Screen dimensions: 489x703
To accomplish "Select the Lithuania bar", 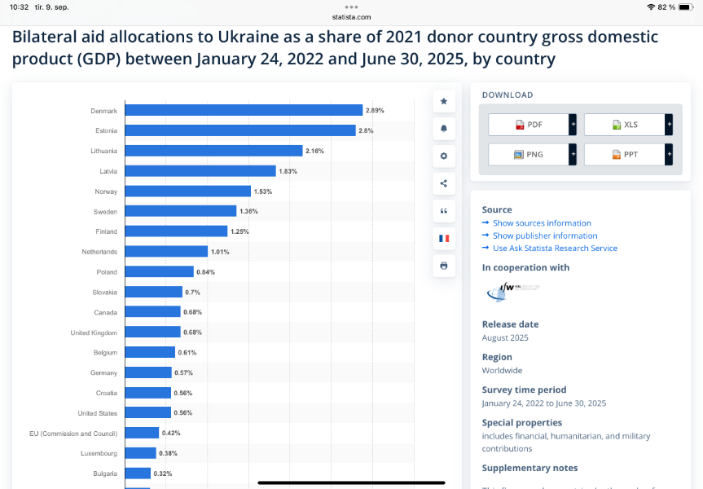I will click(213, 151).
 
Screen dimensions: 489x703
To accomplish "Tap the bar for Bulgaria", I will click(138, 474).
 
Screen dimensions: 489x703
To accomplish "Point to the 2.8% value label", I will click(366, 130).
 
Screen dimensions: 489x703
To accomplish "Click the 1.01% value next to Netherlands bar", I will click(220, 252).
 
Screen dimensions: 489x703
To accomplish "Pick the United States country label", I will click(97, 413).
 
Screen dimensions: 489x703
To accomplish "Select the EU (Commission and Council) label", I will click(73, 434).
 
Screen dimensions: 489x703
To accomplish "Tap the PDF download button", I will click(529, 125).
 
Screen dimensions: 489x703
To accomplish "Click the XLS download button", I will click(625, 125).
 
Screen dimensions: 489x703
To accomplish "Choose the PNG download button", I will click(529, 154).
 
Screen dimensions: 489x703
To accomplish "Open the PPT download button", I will click(625, 154).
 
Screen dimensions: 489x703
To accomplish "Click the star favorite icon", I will click(444, 101).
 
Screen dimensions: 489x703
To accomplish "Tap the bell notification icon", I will click(444, 129).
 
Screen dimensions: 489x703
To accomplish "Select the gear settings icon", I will click(444, 156).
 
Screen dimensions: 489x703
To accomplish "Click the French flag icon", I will click(444, 238).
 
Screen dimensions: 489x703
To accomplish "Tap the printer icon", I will click(444, 266).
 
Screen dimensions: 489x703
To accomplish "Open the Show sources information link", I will click(542, 223).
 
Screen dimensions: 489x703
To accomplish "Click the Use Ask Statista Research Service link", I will click(555, 249).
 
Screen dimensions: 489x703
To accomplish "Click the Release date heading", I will click(510, 324).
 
